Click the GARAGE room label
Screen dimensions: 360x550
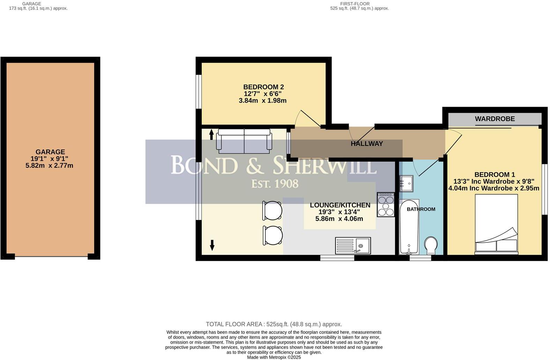[50, 152]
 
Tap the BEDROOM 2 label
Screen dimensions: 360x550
[263, 87]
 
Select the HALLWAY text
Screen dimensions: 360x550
[366, 144]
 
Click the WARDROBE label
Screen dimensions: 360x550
[495, 119]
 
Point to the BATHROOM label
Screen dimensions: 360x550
[421, 209]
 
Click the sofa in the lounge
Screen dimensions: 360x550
[244, 141]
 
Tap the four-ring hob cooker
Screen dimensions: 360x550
[386, 205]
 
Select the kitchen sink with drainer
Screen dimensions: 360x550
[352, 246]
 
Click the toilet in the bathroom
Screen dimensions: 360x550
[431, 246]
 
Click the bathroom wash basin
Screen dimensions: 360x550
[406, 183]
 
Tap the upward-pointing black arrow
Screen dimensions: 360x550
[211, 134]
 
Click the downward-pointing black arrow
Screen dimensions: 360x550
[212, 245]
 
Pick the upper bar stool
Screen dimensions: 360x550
[272, 211]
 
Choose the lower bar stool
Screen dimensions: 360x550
[273, 235]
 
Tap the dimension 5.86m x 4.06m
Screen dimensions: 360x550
[339, 219]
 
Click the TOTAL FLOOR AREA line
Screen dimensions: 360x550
[274, 324]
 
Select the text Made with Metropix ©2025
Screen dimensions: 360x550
[274, 357]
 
